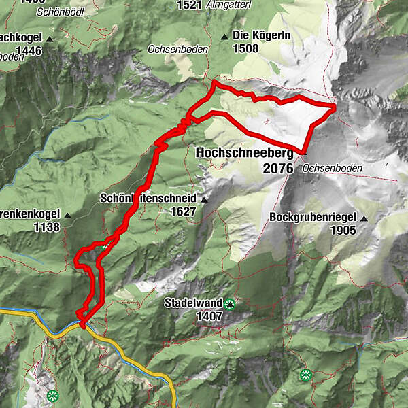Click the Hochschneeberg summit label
click(244, 154)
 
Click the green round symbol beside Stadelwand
click(230, 304)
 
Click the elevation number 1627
click(184, 211)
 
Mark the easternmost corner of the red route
click(336, 106)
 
